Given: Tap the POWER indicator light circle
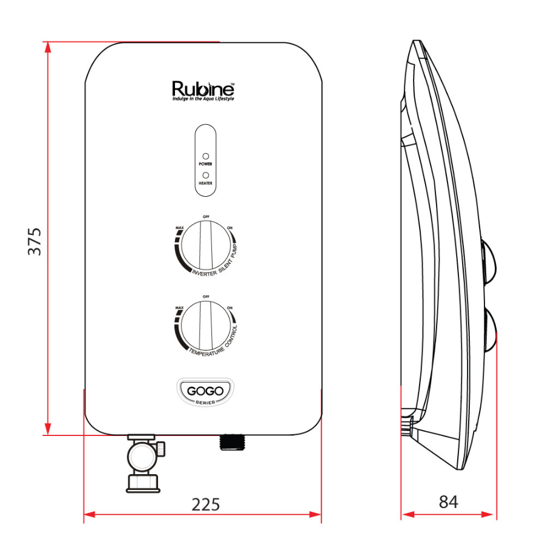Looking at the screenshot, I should click(x=205, y=156).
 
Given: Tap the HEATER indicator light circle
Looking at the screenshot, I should click(x=205, y=175).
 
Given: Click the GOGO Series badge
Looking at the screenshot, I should click(x=205, y=392).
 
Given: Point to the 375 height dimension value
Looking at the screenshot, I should click(x=35, y=241).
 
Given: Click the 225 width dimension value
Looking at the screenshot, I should click(x=205, y=504).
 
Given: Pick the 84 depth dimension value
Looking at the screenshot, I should click(x=448, y=502).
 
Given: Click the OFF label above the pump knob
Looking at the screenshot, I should click(x=205, y=216).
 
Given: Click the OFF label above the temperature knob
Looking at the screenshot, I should click(x=205, y=296).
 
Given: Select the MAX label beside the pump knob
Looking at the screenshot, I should click(x=179, y=228).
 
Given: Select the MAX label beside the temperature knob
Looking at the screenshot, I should click(x=179, y=308).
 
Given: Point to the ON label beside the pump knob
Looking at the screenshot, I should click(x=230, y=228).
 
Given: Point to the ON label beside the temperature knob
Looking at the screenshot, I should click(x=230, y=308).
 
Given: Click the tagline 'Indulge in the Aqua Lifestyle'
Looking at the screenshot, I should click(x=203, y=98).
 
